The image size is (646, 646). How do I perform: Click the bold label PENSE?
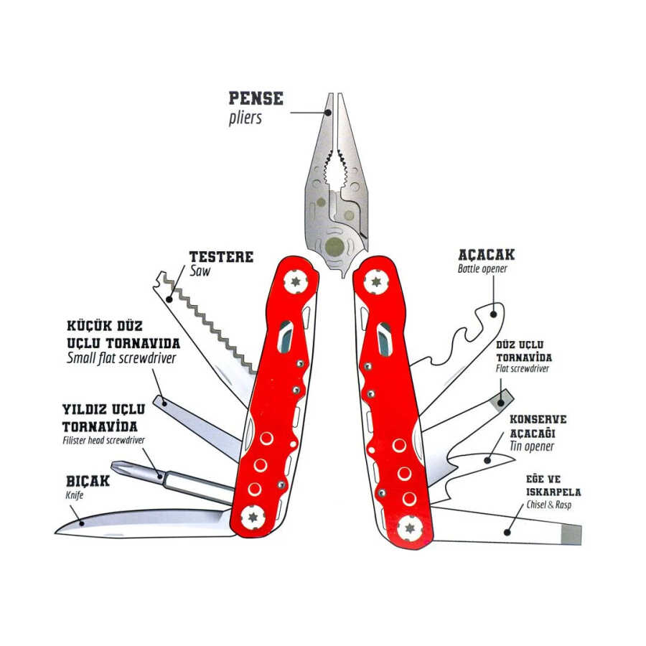(256, 98)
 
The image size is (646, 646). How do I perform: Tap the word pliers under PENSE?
(245, 117)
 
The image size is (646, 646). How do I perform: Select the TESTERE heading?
(220, 256)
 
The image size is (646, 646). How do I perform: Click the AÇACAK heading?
(486, 255)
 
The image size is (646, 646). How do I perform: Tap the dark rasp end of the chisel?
(571, 534)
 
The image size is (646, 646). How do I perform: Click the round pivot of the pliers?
(334, 248)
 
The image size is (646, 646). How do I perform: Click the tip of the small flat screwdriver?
(159, 399)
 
